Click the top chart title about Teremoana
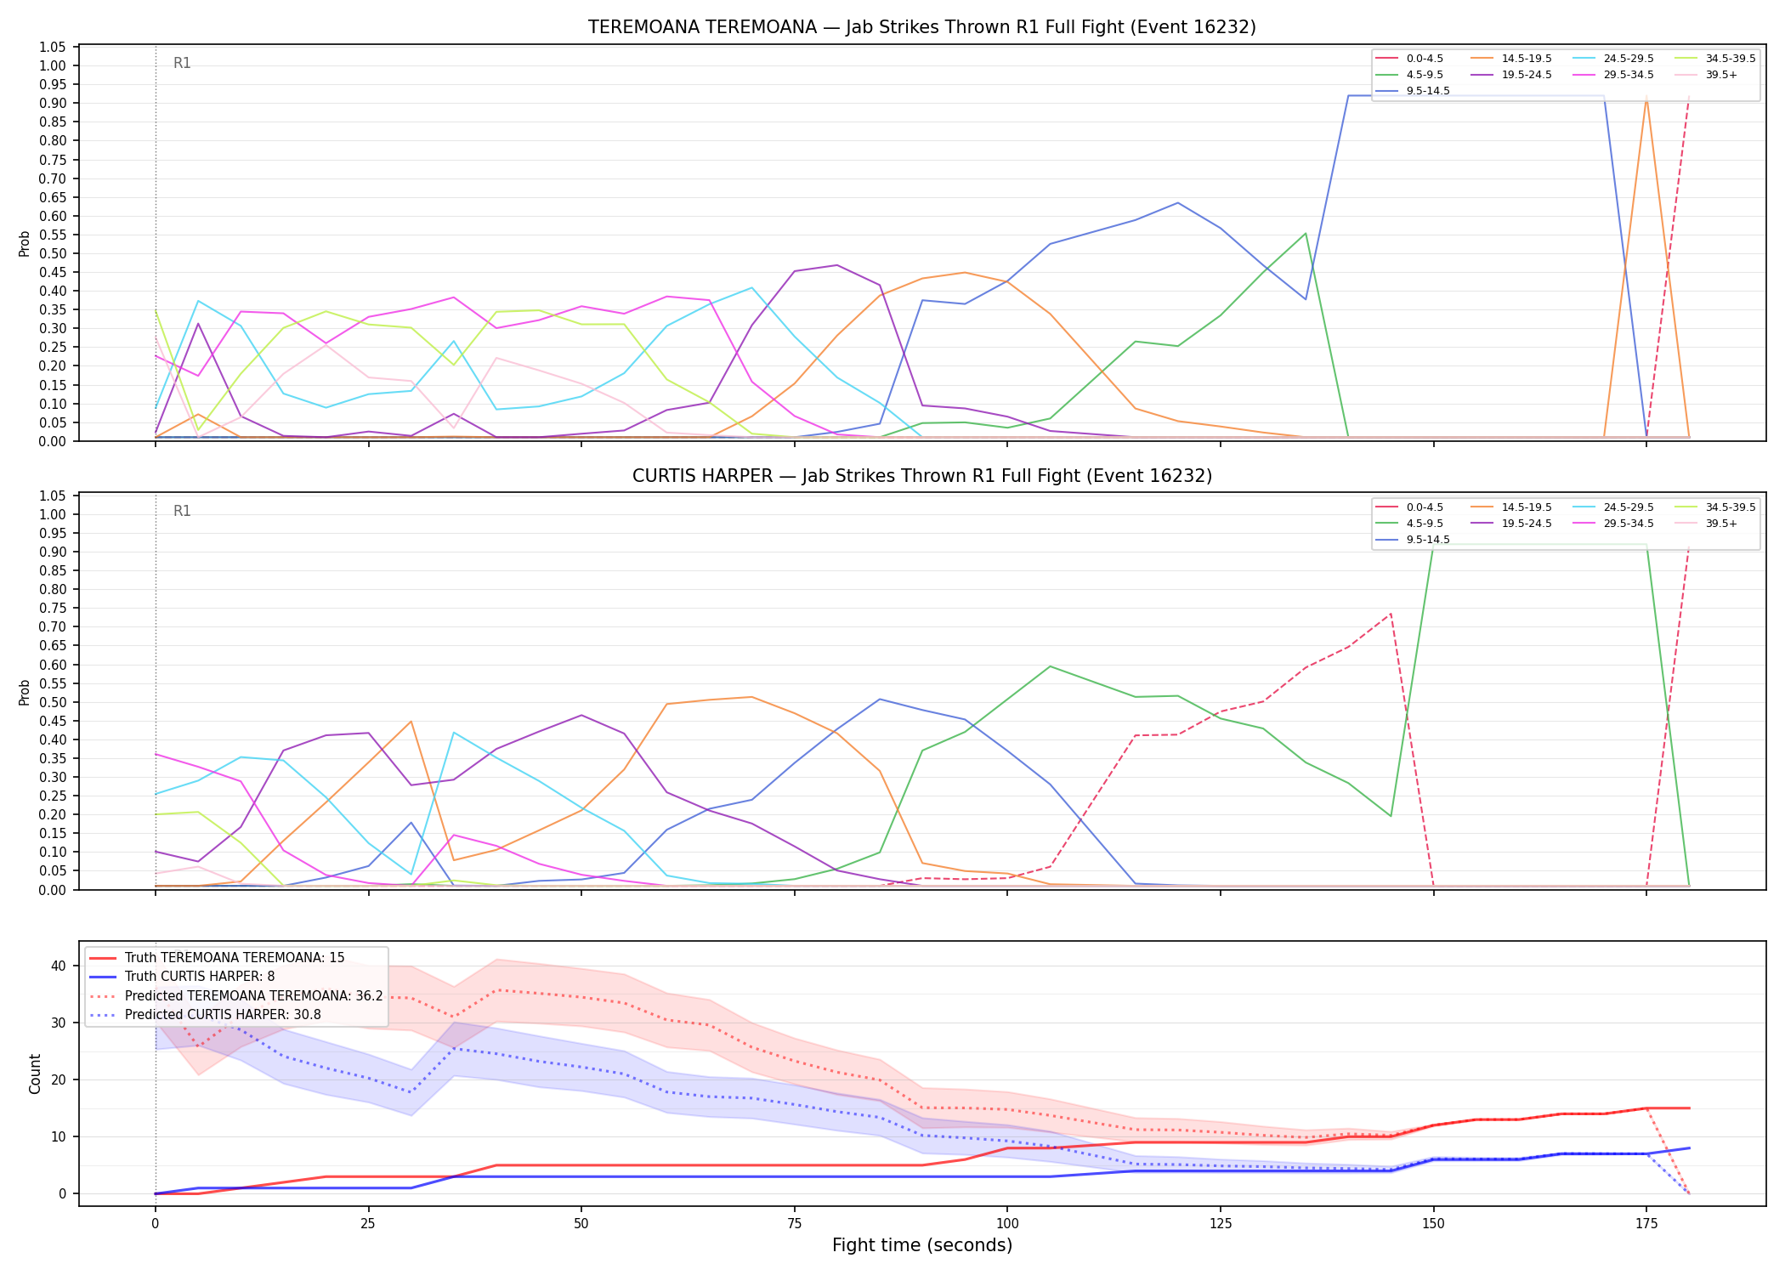[922, 27]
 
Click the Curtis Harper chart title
[922, 476]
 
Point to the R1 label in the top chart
[182, 63]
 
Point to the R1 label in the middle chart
[182, 511]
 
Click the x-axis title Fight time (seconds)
[922, 1245]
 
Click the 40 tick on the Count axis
[58, 966]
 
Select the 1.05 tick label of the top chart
[53, 47]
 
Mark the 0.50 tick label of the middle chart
[53, 702]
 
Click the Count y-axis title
[35, 1074]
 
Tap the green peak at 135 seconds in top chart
[1306, 233]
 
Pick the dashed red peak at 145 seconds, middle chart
[1391, 614]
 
